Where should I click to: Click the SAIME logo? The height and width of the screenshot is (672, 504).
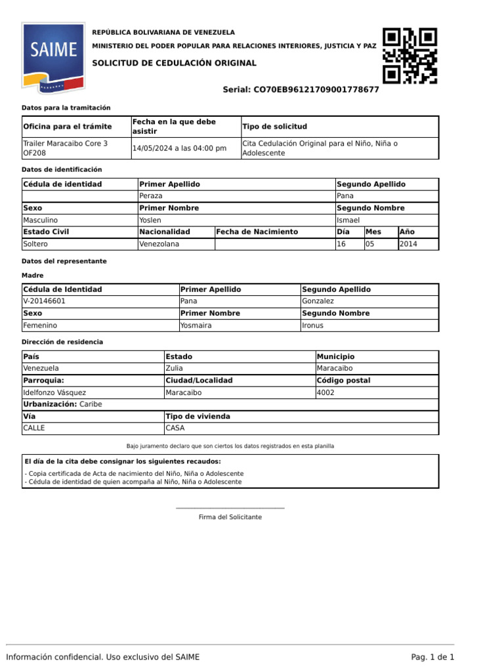pos(52,58)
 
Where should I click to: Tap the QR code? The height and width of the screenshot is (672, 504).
pos(410,56)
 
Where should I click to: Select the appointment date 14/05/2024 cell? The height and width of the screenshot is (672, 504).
pos(179,148)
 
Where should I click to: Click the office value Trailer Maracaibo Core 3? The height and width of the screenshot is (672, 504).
pos(65,143)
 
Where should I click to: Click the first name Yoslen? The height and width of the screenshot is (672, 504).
pos(150,220)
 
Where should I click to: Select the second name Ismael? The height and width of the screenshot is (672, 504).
pos(348,220)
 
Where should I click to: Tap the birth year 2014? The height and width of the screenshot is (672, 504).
pos(408,244)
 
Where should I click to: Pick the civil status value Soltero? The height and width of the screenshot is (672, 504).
pos(35,244)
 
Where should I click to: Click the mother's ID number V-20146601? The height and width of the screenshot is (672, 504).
pos(44,301)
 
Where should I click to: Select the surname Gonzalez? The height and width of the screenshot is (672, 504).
pos(318,301)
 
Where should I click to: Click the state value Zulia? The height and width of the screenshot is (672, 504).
pos(175,369)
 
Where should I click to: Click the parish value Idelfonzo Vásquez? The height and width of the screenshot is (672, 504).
pos(54,392)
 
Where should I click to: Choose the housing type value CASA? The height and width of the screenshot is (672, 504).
pos(175,428)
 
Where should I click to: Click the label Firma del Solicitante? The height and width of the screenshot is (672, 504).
pos(230,517)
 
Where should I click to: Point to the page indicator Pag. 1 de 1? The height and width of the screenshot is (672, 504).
pos(432,657)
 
